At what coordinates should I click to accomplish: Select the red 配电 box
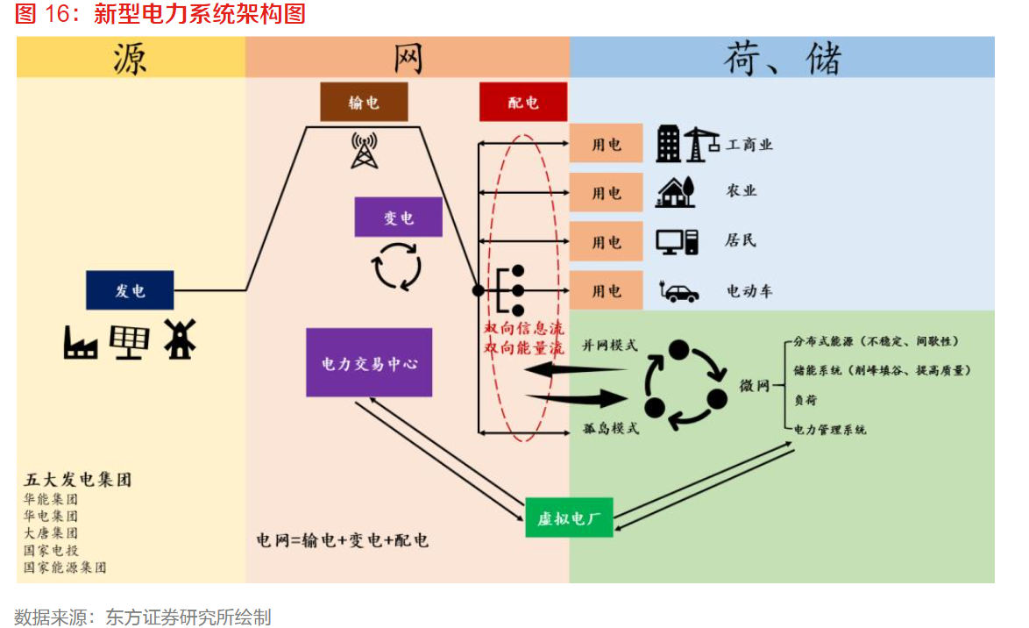[523, 102]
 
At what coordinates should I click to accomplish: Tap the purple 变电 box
[398, 217]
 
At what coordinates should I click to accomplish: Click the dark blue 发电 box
[130, 290]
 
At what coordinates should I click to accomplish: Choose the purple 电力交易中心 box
[369, 362]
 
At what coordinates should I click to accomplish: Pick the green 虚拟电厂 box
[569, 517]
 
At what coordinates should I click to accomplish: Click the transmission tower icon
[363, 150]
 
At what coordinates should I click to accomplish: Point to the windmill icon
[180, 338]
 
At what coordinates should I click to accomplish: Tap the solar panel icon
[130, 341]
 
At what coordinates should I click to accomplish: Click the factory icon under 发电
[81, 341]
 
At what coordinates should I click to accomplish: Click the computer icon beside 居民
[678, 240]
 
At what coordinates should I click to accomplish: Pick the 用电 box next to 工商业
[607, 144]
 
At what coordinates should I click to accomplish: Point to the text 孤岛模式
[611, 428]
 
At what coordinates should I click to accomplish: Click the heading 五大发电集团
[78, 480]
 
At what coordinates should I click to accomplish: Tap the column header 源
[131, 58]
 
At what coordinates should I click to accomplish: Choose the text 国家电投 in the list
[51, 550]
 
